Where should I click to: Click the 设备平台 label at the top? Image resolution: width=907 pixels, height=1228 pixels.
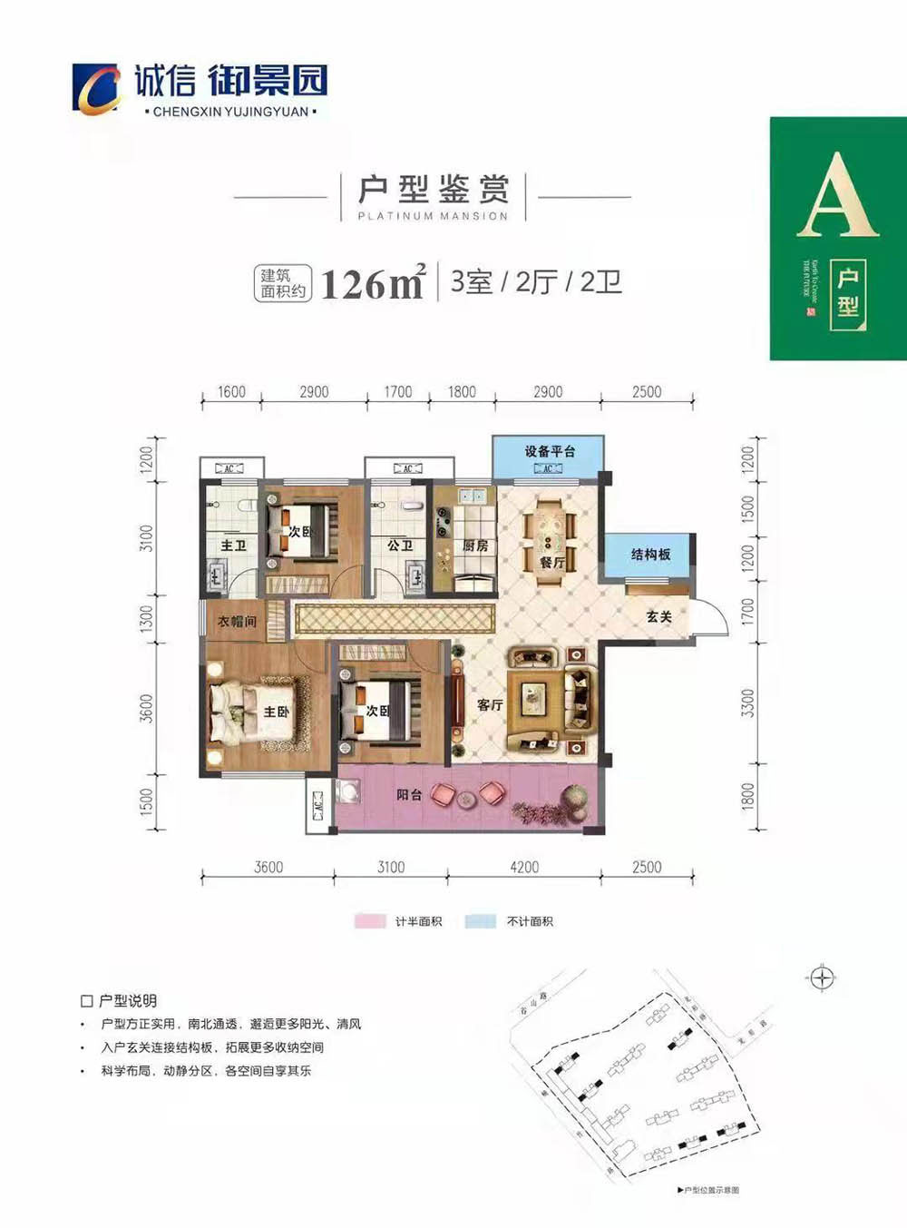549,451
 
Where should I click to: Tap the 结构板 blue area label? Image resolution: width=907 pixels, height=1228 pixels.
650,554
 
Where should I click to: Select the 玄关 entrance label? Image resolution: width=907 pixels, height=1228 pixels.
658,616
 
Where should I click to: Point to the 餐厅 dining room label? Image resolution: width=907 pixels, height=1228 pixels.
552,563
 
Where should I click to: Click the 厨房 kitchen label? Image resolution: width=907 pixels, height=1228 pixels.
475,545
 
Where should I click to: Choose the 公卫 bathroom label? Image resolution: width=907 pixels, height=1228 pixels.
400,545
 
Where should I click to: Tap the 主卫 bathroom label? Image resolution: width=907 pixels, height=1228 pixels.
233,545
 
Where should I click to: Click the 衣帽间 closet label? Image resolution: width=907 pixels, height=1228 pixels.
237,622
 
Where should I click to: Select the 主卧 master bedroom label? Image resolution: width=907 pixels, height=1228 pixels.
276,712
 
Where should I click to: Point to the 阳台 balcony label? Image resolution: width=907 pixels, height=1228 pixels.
409,794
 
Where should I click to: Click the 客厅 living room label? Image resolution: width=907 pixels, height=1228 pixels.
490,704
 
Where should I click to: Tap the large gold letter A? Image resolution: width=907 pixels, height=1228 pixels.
837,197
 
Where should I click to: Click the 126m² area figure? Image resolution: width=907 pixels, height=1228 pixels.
373,283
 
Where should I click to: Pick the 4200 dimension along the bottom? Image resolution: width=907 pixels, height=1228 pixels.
524,867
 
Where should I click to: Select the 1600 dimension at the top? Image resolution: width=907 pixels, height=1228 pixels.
231,392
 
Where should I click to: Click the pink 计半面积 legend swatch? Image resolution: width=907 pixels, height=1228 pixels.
369,921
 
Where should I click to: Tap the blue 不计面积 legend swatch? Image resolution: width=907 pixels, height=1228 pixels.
480,921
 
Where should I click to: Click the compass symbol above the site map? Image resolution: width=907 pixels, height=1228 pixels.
821,978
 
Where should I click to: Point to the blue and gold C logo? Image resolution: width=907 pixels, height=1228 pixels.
96,89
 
